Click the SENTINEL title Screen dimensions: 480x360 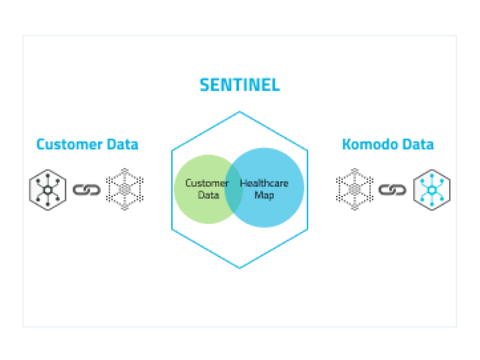(239, 85)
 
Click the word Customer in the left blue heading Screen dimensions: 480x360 (69, 144)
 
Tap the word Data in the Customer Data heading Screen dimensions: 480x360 (123, 144)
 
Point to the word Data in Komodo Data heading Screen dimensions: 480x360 (418, 144)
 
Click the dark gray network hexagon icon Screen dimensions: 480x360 (48, 190)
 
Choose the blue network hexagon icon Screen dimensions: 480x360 (432, 190)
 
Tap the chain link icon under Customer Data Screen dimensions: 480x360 (86, 190)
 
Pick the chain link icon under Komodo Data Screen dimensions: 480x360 (393, 190)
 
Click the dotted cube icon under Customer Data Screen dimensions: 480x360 (125, 189)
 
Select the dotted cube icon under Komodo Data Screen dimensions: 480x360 (355, 189)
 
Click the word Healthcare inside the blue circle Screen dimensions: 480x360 (264, 183)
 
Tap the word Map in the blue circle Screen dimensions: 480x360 (264, 195)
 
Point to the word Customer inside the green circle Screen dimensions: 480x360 (207, 183)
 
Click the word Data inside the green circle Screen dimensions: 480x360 (209, 195)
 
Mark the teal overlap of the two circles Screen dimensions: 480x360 (234, 189)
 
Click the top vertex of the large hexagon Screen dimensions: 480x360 (239, 112)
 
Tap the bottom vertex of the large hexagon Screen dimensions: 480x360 (239, 268)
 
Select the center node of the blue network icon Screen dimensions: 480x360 (432, 190)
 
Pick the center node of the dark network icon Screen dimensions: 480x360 (48, 190)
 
